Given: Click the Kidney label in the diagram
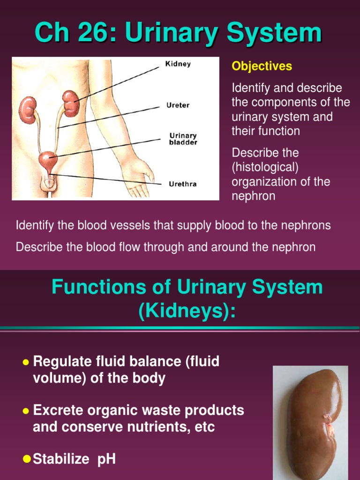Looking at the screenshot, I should point(178,64).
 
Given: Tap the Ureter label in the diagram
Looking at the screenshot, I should point(178,105).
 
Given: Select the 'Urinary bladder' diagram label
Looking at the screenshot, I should point(183,139).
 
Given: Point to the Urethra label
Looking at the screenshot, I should point(183,184).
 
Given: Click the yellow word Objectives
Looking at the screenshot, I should point(262,67).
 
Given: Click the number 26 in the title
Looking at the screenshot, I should point(94,34).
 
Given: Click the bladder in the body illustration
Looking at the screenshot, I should point(48,161).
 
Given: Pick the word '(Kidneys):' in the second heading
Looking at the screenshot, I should point(187,311).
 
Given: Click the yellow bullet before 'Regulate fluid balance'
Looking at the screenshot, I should point(26,362).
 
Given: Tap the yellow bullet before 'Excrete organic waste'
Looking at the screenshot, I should point(26,411).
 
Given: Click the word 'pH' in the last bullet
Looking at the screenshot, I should point(106,459).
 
